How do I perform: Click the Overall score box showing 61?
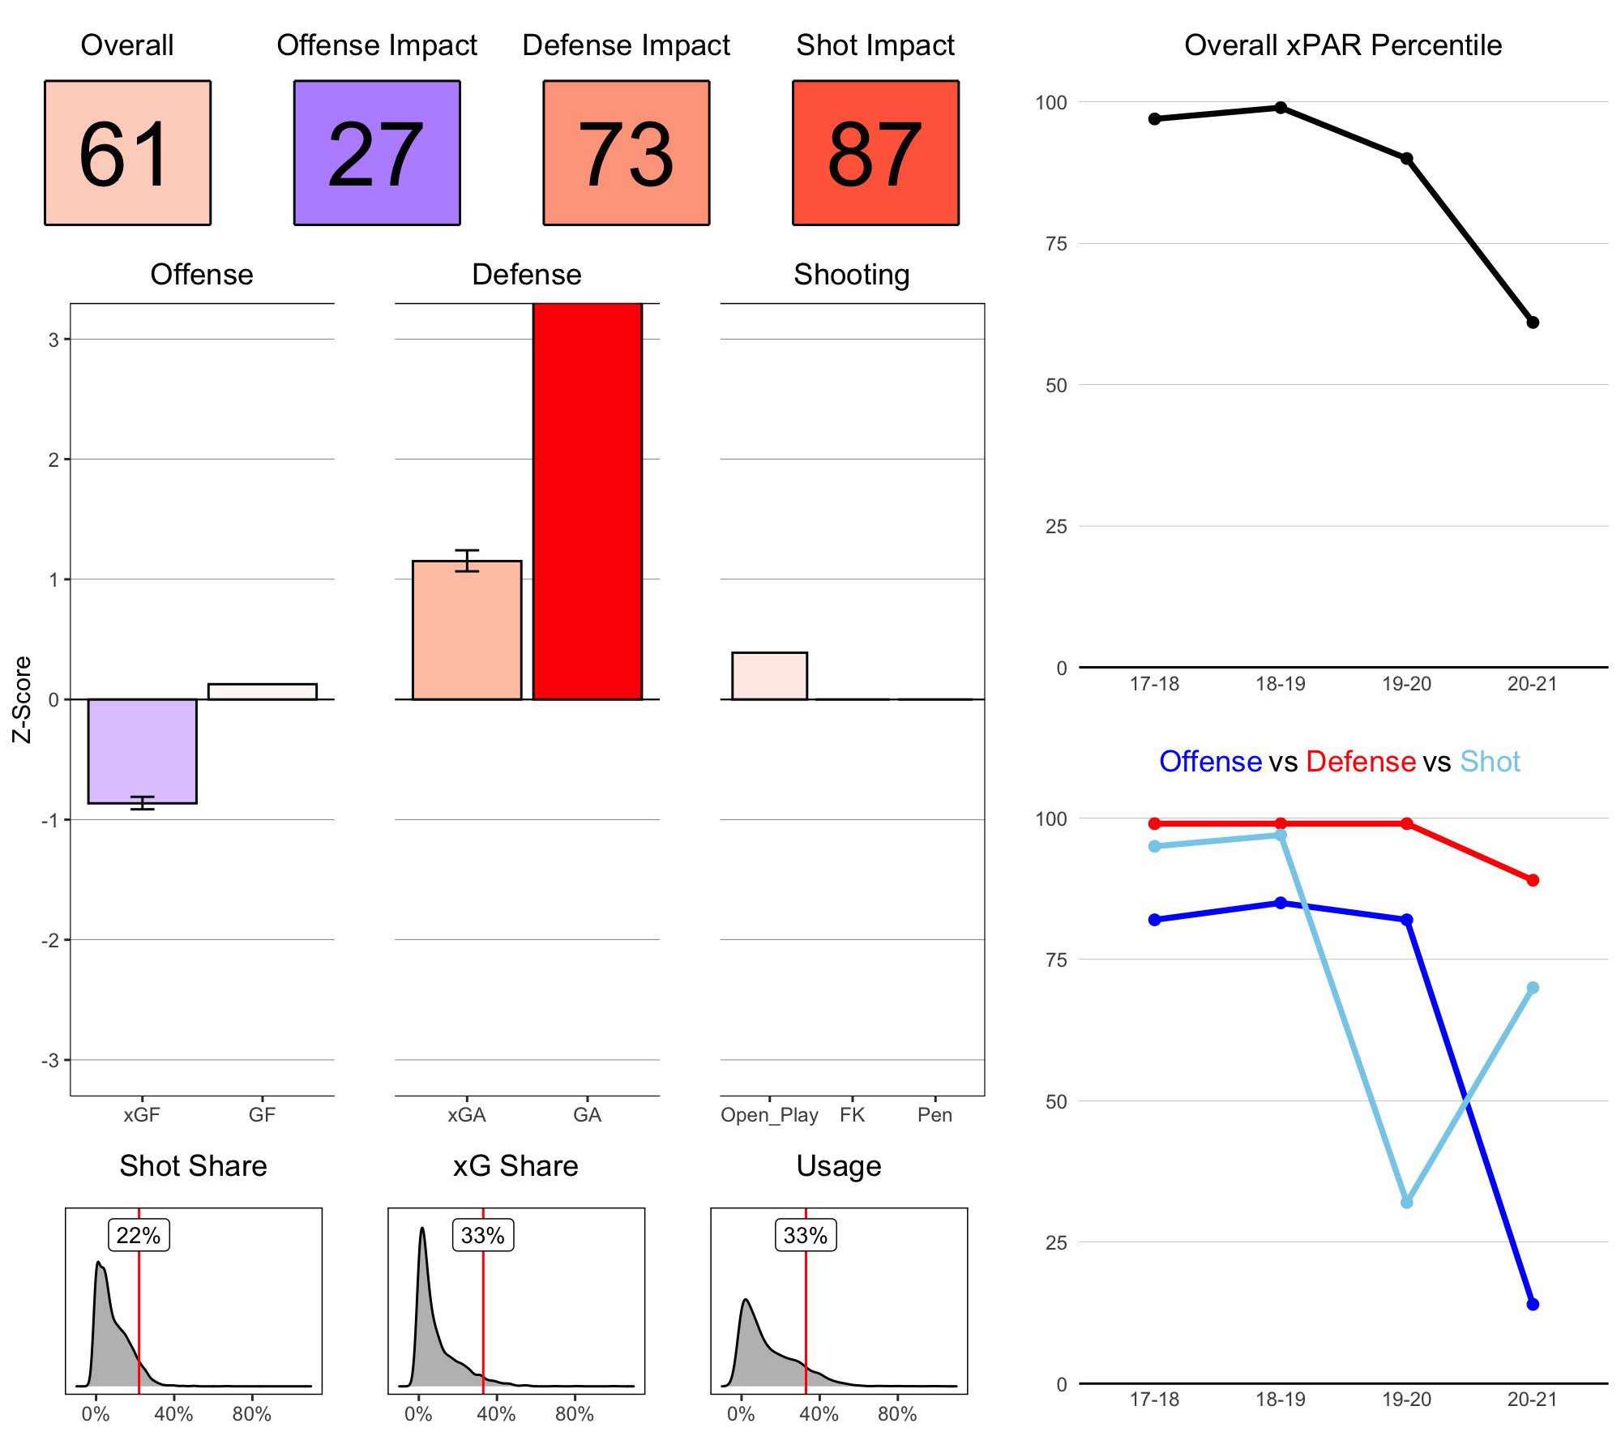(127, 152)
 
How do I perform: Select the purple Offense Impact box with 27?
(377, 152)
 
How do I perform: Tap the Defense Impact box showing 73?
(626, 152)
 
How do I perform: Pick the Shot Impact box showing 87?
(875, 152)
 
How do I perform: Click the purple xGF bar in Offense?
(142, 750)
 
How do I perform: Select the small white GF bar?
(262, 691)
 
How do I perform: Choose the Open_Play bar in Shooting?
(769, 675)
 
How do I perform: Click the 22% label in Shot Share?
(139, 1235)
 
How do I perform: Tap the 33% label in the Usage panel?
(806, 1235)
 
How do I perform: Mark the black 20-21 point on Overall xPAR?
(1532, 323)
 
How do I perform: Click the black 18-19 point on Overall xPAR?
(1281, 108)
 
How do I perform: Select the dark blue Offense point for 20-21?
(1532, 1304)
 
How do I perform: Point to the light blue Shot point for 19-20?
(1406, 1202)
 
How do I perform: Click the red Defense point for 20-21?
(1532, 880)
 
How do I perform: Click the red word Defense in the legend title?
(1360, 762)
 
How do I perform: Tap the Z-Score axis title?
(22, 699)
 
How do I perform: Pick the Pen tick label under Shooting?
(935, 1115)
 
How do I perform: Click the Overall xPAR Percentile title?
(1343, 45)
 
